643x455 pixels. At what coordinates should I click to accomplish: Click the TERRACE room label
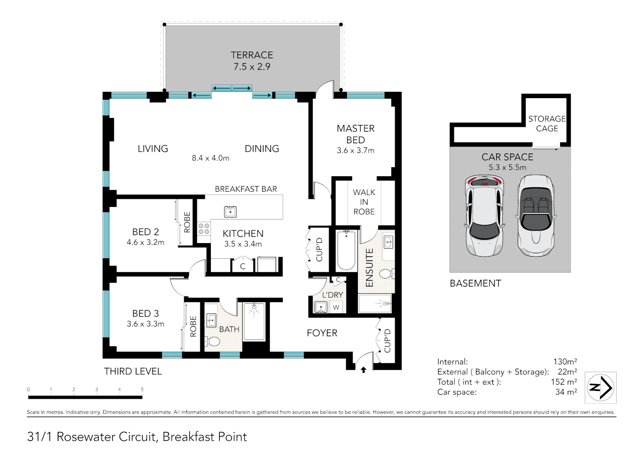click(252, 55)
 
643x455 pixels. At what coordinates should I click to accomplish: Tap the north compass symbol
click(600, 388)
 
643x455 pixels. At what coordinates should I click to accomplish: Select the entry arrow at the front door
click(364, 370)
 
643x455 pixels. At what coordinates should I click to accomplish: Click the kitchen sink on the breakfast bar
click(230, 211)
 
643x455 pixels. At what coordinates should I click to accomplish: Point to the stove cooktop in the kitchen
click(204, 229)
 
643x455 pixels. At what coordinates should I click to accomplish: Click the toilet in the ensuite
click(387, 273)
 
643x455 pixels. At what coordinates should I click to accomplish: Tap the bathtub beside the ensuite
click(346, 250)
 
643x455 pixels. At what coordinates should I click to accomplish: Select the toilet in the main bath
click(213, 342)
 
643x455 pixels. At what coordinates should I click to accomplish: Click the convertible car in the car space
click(536, 216)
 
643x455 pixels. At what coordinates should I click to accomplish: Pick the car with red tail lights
click(484, 216)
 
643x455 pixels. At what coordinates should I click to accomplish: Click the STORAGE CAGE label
click(547, 123)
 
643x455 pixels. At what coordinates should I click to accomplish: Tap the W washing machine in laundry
click(336, 307)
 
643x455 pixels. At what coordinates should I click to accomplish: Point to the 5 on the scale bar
click(142, 389)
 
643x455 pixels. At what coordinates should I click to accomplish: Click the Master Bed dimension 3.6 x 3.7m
click(355, 150)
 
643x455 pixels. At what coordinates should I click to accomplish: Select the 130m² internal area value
click(565, 361)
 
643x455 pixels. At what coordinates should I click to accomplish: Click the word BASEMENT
click(476, 284)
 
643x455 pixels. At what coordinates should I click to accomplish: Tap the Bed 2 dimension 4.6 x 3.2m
click(146, 242)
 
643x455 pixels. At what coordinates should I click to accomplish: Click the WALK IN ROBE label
click(364, 202)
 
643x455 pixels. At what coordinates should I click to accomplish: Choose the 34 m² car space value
click(566, 392)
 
